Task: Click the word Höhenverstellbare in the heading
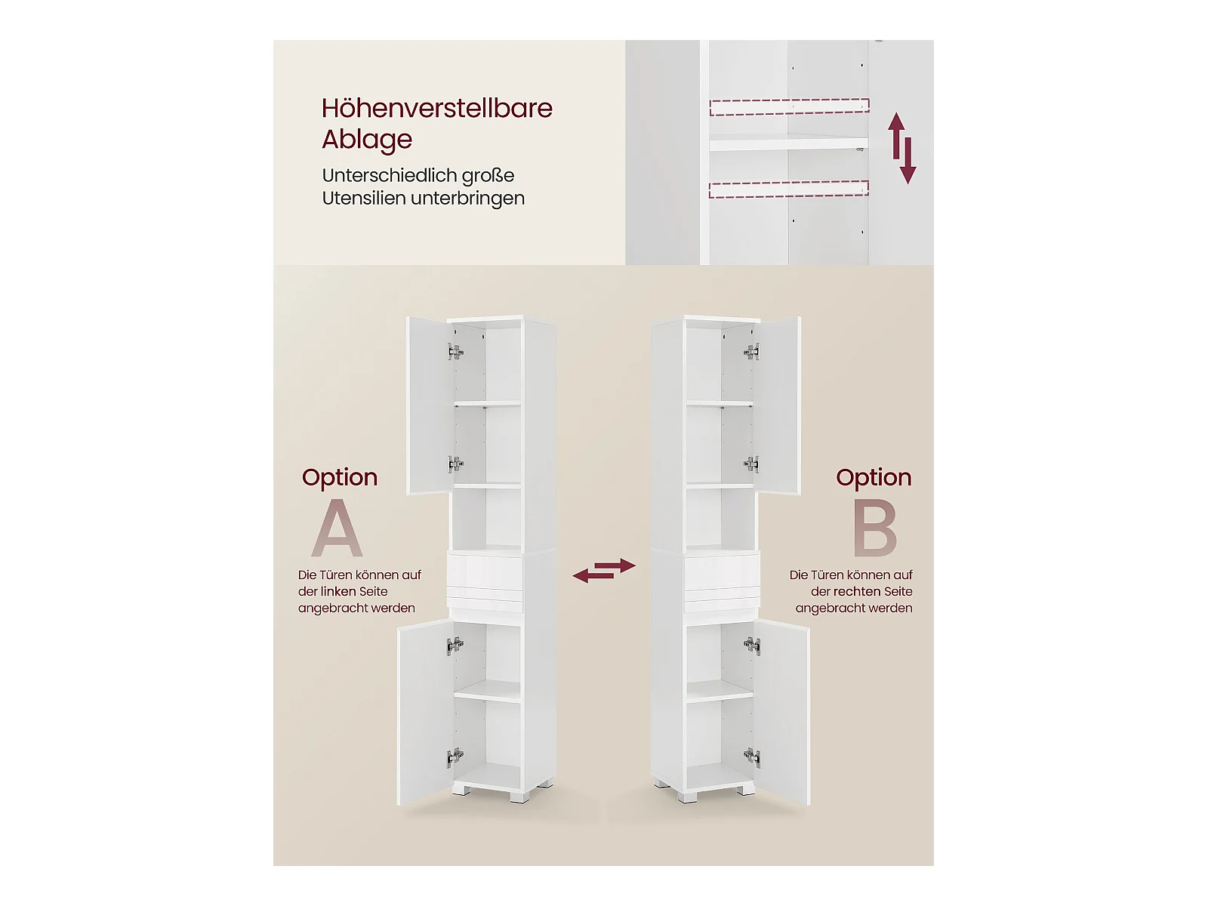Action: pyautogui.click(x=436, y=108)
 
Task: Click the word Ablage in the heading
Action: pyautogui.click(x=366, y=140)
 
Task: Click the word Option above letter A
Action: pyautogui.click(x=340, y=477)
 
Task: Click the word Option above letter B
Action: pyautogui.click(x=874, y=477)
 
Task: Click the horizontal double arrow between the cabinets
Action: pyautogui.click(x=604, y=571)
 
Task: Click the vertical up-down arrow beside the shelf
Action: pyautogui.click(x=902, y=148)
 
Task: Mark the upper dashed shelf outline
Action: pyautogui.click(x=789, y=106)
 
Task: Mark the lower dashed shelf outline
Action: pyautogui.click(x=789, y=190)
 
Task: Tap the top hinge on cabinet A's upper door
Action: pyautogui.click(x=455, y=351)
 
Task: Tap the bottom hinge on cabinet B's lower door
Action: pyautogui.click(x=752, y=757)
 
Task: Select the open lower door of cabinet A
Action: pyautogui.click(x=425, y=712)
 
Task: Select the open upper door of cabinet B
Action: pyautogui.click(x=777, y=405)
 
